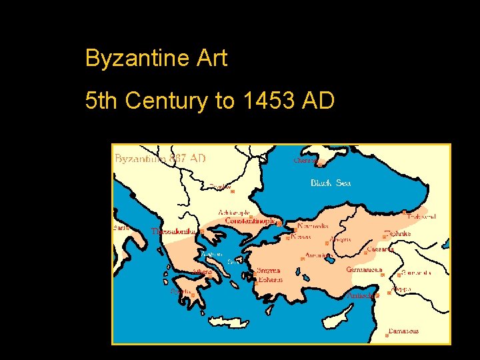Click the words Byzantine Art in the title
(x=156, y=59)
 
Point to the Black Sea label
(x=330, y=183)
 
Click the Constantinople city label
(x=250, y=221)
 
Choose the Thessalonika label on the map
(x=174, y=231)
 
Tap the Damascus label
(x=404, y=331)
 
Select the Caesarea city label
(x=380, y=249)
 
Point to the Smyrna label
(x=269, y=271)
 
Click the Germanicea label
(x=364, y=270)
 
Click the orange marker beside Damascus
(x=387, y=335)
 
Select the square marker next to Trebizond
(x=405, y=212)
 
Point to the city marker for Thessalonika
(x=201, y=231)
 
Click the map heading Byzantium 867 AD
(x=160, y=159)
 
